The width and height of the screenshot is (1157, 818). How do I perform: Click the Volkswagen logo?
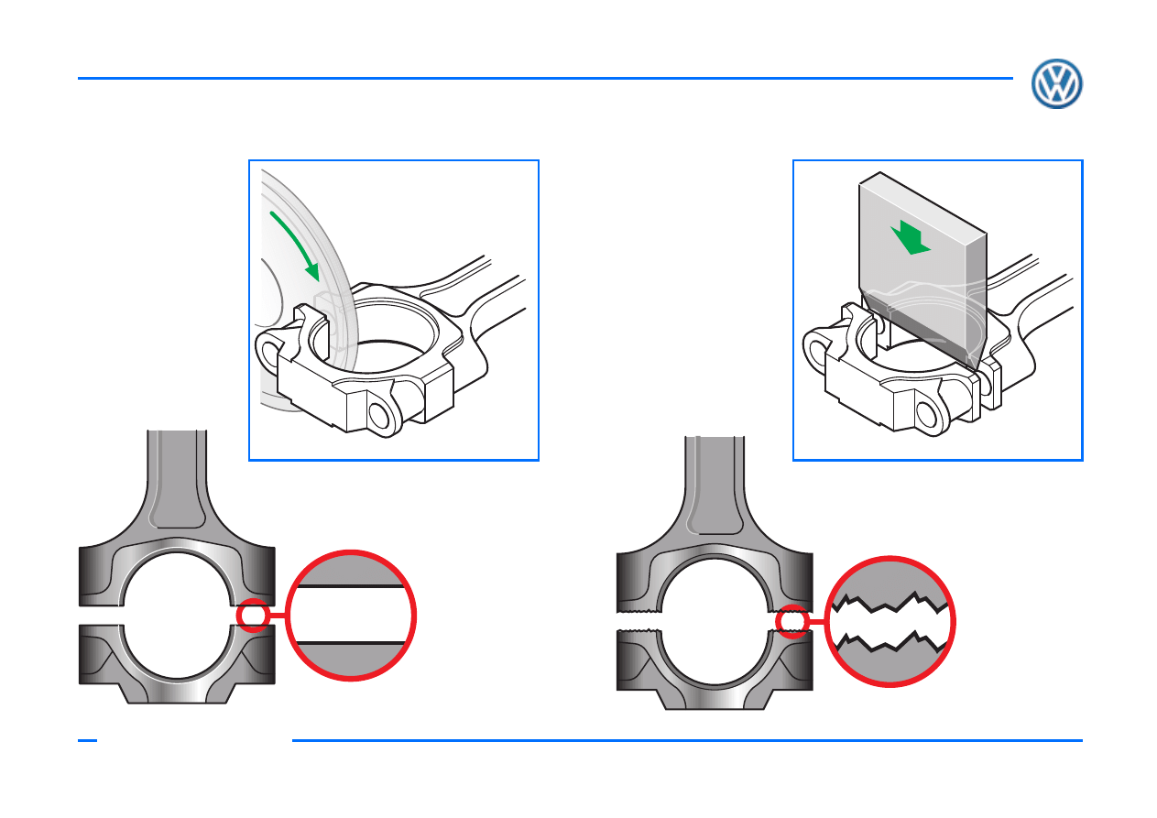tap(1056, 83)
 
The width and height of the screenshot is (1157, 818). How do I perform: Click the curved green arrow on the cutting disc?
tap(297, 243)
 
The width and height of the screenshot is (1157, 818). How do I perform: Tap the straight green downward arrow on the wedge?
tap(910, 237)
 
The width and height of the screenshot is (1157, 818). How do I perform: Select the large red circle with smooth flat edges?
tap(351, 615)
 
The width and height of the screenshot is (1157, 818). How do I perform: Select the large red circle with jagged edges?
tap(890, 621)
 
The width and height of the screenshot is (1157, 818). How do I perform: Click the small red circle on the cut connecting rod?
tap(253, 615)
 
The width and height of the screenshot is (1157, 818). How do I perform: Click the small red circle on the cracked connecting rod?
tap(791, 621)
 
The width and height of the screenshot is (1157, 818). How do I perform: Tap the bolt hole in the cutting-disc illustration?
tap(379, 416)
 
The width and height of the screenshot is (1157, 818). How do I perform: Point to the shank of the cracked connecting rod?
tap(715, 485)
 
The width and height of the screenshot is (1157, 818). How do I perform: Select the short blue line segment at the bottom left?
tap(87, 740)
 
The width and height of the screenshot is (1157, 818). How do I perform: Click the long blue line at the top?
tap(545, 79)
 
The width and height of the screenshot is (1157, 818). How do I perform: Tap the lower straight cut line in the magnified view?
tap(351, 643)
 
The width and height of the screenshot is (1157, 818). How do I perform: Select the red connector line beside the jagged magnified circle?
tap(816, 621)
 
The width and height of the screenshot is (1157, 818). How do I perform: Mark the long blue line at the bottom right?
tap(687, 740)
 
